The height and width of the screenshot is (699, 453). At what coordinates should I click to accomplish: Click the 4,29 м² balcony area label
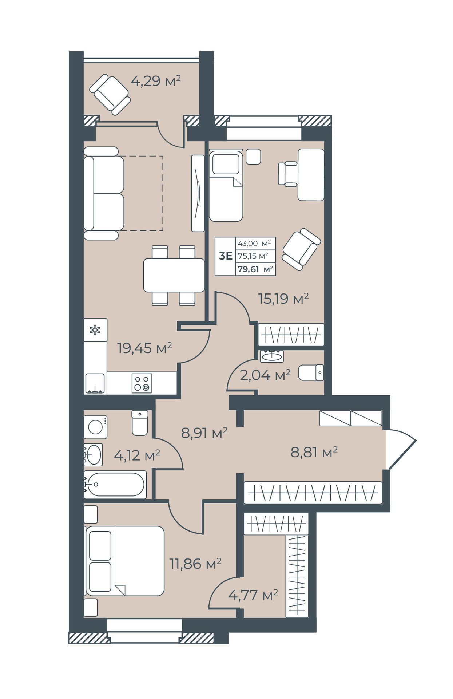point(156,80)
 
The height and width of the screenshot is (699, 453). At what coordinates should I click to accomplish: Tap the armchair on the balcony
point(110,95)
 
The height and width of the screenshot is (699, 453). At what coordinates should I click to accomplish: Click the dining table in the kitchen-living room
point(174,275)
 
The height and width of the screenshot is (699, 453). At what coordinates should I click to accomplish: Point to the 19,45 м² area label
point(144,348)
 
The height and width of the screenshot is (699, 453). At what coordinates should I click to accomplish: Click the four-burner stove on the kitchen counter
point(142,383)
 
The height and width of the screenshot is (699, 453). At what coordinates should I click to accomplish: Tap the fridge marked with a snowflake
point(95,330)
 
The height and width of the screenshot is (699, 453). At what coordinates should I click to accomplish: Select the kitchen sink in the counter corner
point(95,383)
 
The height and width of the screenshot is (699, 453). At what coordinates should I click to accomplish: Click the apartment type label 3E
point(226,256)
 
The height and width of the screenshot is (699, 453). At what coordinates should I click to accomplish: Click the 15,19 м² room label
point(283,299)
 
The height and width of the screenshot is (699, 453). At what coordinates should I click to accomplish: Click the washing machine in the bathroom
point(96,427)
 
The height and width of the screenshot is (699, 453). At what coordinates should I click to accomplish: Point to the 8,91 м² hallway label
point(204,433)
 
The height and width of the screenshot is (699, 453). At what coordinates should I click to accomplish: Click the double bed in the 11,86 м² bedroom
point(124,561)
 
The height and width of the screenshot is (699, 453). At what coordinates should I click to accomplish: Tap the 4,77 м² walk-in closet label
point(253,595)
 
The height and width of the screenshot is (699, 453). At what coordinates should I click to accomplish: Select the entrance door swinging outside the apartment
point(402,449)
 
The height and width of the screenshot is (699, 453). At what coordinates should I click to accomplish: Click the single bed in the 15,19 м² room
point(226,186)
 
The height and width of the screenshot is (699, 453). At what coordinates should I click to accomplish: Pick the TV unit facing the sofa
point(198,193)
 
